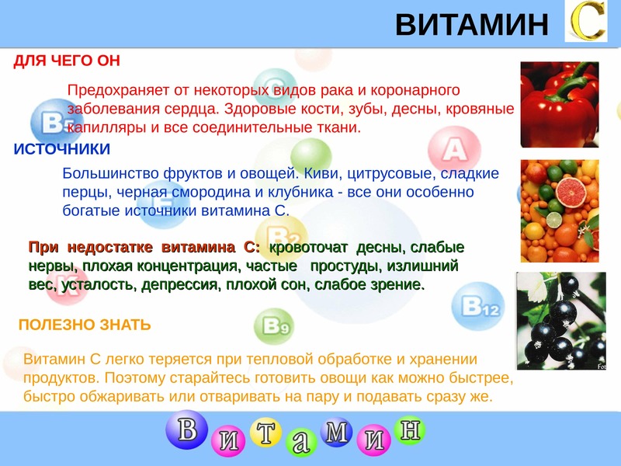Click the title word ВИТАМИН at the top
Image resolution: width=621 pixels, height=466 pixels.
coord(472,25)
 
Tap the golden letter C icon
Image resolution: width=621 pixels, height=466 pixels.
coord(586,21)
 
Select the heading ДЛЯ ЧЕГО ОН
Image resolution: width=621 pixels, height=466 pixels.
coord(67,61)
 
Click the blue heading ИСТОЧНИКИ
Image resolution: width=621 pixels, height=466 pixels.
coord(62,149)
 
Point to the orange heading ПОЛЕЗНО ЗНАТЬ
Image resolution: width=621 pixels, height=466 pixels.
coord(85,325)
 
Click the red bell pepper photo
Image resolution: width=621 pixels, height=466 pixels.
coord(560,104)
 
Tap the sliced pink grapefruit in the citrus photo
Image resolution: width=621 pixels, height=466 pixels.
coord(571,192)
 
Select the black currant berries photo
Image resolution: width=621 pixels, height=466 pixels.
coord(560,321)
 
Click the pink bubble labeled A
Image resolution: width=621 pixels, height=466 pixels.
coord(455,149)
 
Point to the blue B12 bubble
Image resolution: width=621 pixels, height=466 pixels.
coord(478,305)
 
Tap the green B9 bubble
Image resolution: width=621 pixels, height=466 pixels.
coord(274,326)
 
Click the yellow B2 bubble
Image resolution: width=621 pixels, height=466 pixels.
coord(282,236)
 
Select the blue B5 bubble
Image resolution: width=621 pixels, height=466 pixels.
coord(51,123)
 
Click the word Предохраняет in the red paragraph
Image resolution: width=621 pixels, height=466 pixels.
coord(119,90)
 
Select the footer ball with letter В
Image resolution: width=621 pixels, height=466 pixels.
coord(186,429)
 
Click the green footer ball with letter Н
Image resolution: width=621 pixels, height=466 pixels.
coord(410,429)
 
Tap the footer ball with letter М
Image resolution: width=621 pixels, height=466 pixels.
coord(336,432)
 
